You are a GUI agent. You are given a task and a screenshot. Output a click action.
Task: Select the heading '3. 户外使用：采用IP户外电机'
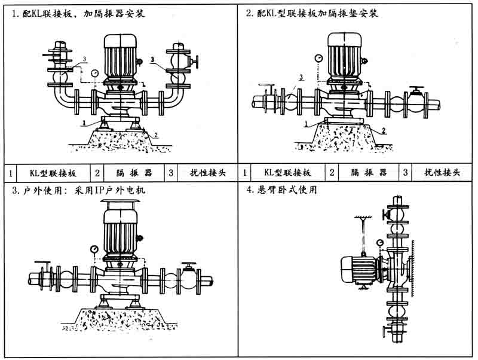click(x=78, y=191)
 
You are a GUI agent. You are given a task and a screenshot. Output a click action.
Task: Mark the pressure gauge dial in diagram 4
click(x=379, y=243)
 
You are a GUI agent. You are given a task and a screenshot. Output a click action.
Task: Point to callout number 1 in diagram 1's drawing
click(x=85, y=122)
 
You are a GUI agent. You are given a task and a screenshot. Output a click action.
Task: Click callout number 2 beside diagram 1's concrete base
click(x=157, y=136)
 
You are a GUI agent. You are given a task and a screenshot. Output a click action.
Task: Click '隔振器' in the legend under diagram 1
click(x=133, y=173)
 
